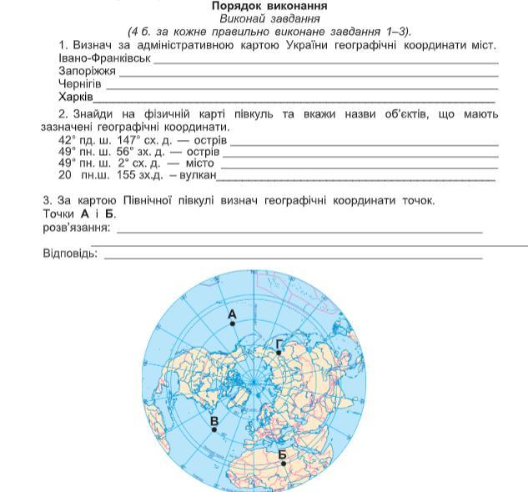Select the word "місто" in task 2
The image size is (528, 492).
(x=198, y=163)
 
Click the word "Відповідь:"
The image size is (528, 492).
(x=70, y=252)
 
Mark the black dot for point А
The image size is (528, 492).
(x=234, y=325)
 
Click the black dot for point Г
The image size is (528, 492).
(x=279, y=353)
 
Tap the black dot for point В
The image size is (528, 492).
(x=214, y=429)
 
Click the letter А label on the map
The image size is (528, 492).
(x=232, y=314)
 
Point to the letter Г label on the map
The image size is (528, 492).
(x=279, y=343)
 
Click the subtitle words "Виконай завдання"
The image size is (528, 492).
(x=264, y=18)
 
